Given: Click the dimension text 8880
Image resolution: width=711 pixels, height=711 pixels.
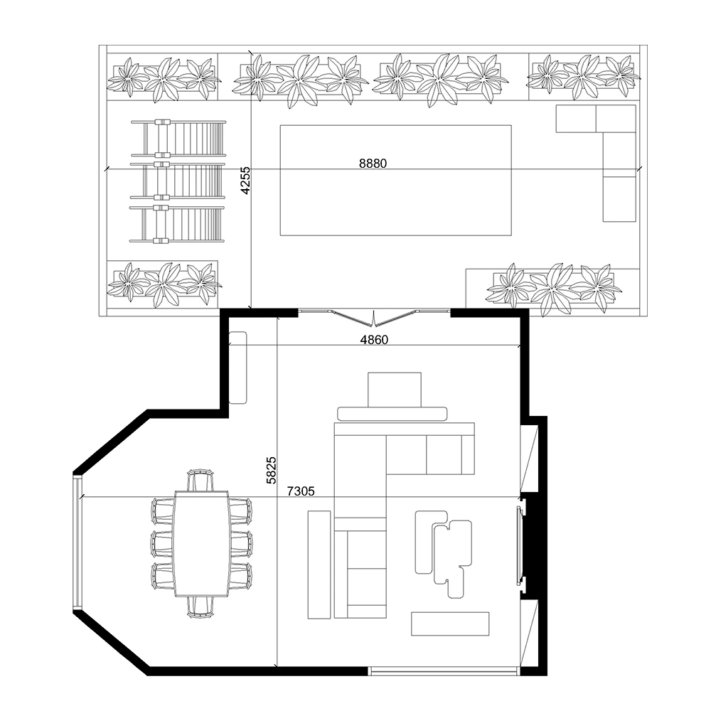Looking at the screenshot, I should [x=373, y=163].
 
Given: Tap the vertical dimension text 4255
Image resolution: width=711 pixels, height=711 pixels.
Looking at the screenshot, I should [x=245, y=181].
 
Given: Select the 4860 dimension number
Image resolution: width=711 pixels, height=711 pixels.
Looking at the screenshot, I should [x=374, y=340].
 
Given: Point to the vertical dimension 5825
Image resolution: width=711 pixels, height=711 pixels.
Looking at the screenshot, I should [x=271, y=470].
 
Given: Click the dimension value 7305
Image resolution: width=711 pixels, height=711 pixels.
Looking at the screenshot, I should [x=301, y=491].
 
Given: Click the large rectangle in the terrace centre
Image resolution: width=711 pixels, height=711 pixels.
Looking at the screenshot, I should [x=395, y=206].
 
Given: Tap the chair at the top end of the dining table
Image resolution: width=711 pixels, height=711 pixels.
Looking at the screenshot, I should [x=201, y=480].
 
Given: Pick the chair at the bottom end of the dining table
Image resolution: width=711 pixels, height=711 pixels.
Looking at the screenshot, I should [x=201, y=606].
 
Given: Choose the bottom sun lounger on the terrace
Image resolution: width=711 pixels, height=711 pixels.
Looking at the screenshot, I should [x=178, y=224].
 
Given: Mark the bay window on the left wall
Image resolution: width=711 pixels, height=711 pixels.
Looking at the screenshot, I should [x=77, y=543].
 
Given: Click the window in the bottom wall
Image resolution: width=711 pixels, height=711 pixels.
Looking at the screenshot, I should [x=444, y=670].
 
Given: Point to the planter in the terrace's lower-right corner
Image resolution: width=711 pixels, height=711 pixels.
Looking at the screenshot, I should [x=552, y=288].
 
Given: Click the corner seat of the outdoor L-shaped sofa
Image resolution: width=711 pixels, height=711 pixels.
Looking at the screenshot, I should [x=615, y=119].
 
